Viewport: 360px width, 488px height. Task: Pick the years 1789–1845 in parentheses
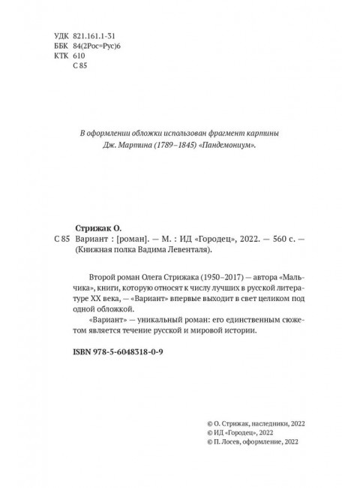tap(169, 146)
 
